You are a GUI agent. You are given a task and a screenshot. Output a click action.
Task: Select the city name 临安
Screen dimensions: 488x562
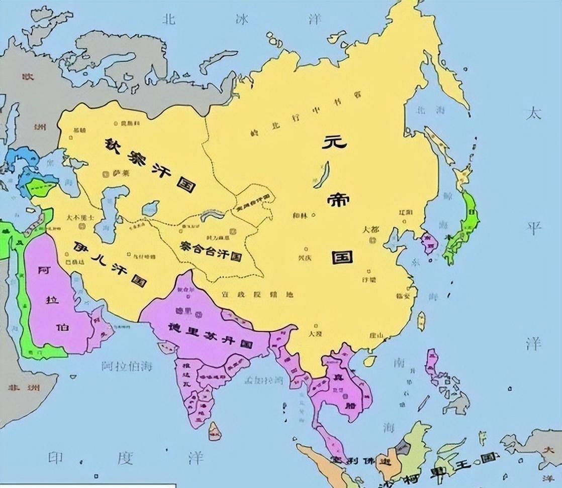pos(404,296)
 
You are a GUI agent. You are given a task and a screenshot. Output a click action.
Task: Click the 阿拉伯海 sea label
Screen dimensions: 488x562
pos(127,365)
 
